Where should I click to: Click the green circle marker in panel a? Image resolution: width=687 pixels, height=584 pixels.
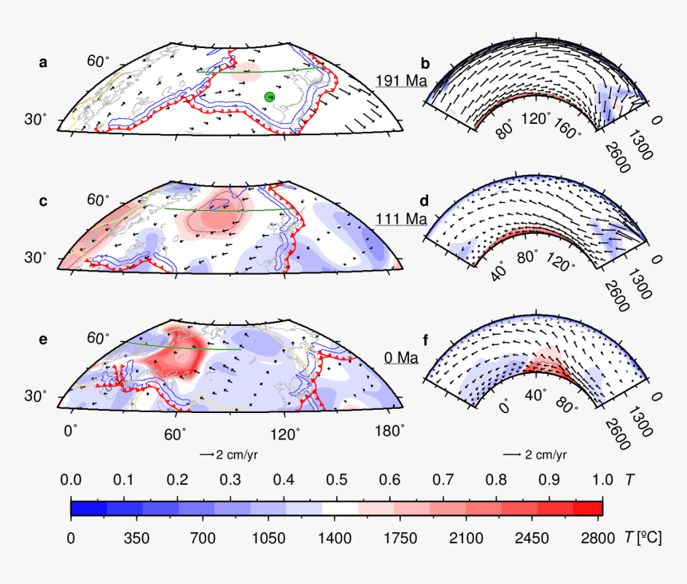[x=269, y=97]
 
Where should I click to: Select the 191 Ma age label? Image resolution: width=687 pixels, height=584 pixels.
[x=402, y=81]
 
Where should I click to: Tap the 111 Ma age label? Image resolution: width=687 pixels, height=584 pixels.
[x=402, y=217]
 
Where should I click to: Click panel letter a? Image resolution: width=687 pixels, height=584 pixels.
[x=44, y=62]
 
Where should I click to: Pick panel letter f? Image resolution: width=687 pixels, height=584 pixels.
[x=426, y=340]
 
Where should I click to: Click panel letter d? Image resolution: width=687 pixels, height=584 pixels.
[x=426, y=201]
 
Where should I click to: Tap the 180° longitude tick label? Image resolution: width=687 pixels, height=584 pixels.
[x=389, y=432]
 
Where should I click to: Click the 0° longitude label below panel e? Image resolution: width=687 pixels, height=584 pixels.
[x=71, y=432]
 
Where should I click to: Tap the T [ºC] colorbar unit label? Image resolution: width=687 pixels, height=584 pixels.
[x=641, y=535]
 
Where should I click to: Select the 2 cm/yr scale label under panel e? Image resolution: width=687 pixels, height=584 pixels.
[x=235, y=454]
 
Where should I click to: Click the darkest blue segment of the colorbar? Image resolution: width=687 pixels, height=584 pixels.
[x=88, y=508]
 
